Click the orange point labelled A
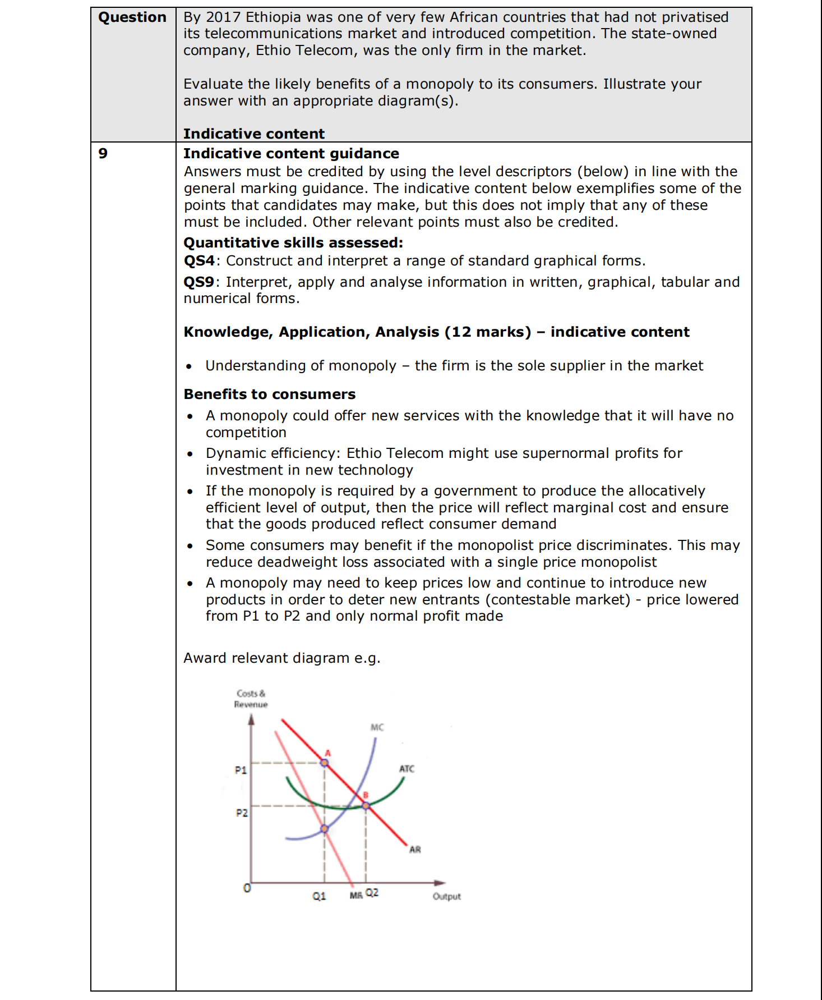(x=325, y=762)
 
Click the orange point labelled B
(x=366, y=805)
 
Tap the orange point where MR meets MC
(x=325, y=829)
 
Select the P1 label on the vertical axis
(x=241, y=770)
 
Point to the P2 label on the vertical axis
(x=242, y=813)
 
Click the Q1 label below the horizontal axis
(x=319, y=896)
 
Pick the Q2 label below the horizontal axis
(x=372, y=892)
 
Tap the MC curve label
(x=377, y=727)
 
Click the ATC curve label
(x=407, y=769)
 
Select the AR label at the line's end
(x=415, y=850)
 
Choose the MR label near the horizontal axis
(x=356, y=896)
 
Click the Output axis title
(x=446, y=896)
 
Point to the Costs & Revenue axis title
(x=251, y=699)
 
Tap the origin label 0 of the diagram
(x=247, y=888)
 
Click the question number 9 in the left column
(x=103, y=153)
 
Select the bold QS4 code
(x=199, y=261)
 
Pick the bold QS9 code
(x=199, y=282)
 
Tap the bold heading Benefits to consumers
(x=270, y=394)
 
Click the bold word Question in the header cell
(x=132, y=17)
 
